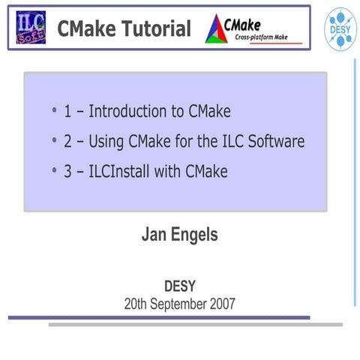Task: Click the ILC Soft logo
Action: tap(30, 28)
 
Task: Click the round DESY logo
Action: tap(337, 26)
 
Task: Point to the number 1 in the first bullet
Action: tap(67, 112)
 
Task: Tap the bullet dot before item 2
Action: tap(55, 141)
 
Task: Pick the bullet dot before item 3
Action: tap(55, 170)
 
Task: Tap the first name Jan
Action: tap(154, 235)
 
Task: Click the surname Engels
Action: tap(194, 235)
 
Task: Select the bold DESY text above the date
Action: tap(180, 286)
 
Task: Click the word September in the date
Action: tap(180, 304)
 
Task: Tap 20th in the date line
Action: tap(137, 304)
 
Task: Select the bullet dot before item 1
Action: tap(55, 112)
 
